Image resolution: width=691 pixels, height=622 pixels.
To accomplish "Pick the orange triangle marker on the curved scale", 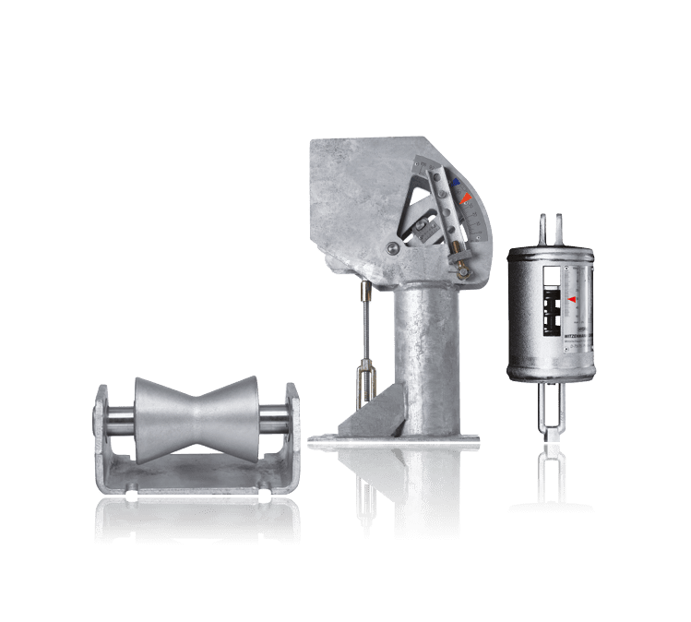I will [467, 197].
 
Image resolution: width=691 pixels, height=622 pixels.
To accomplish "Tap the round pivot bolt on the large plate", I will [393, 246].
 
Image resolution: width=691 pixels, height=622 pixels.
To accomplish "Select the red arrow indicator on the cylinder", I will [572, 300].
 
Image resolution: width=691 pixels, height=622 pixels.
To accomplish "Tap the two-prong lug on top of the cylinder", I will [551, 229].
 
